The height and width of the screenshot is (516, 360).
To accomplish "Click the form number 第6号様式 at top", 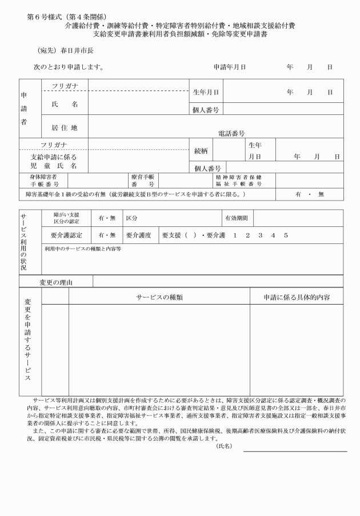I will coord(47,17).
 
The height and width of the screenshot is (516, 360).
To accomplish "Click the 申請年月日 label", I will coord(230,67).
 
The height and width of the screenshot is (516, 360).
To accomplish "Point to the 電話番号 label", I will coord(231,133).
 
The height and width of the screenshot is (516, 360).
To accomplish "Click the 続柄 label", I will coord(201,151).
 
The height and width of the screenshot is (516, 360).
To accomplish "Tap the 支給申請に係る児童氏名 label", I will coord(53,161).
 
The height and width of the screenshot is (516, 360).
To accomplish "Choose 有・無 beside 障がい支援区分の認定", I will coord(107,218).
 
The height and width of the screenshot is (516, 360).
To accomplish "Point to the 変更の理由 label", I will coord(58,282).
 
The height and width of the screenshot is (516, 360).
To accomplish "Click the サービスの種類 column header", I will coord(159,297).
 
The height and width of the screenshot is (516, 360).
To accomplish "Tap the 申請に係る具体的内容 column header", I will coord(296,297).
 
